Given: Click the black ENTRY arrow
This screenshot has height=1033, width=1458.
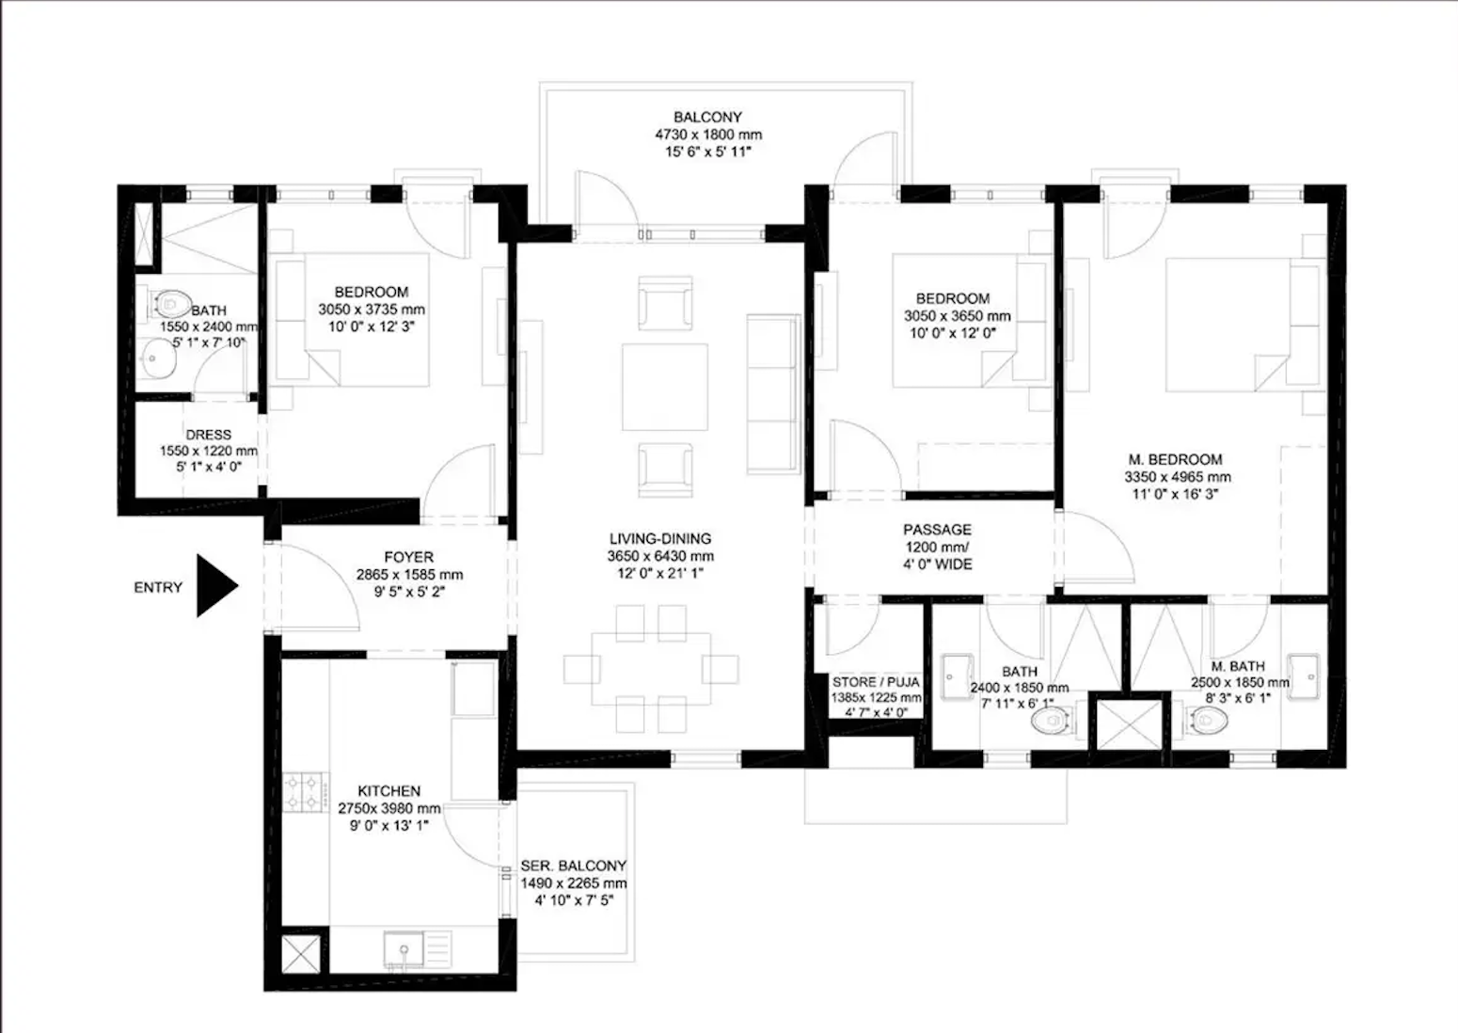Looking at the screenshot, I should point(215,586).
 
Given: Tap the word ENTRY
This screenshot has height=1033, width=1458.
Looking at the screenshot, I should point(158,587).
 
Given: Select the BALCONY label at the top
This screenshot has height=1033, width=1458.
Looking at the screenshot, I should point(707,118).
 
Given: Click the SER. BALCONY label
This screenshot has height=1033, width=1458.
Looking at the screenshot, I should point(573,866).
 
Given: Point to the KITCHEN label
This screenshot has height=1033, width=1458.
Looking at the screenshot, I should point(388,791).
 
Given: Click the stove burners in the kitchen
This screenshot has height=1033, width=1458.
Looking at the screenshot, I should point(306,791).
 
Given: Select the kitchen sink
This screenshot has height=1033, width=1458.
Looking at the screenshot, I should point(404,948).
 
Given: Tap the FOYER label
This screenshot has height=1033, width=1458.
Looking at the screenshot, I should point(408,557).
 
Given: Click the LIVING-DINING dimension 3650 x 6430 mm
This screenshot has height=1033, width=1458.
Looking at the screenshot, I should point(659,556).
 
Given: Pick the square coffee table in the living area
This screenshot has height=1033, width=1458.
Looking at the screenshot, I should point(664,387).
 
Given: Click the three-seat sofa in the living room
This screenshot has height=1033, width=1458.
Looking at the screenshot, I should point(772,394).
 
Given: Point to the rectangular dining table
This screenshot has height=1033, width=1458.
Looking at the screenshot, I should point(651,668).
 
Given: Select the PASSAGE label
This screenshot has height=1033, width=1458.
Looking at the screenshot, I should point(937,530).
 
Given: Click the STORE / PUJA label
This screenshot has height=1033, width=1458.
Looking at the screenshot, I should point(875,682).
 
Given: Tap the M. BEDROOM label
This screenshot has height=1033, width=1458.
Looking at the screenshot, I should point(1175,459).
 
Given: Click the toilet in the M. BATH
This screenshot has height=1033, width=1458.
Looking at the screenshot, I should point(1208,722).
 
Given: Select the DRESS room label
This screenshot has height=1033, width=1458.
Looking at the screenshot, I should point(208,435).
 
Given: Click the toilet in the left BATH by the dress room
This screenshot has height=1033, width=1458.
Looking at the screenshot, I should point(170,304).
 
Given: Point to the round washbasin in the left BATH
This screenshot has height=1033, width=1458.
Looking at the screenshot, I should point(158,358).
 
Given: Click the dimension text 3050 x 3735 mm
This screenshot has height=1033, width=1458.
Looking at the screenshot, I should point(371,310).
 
